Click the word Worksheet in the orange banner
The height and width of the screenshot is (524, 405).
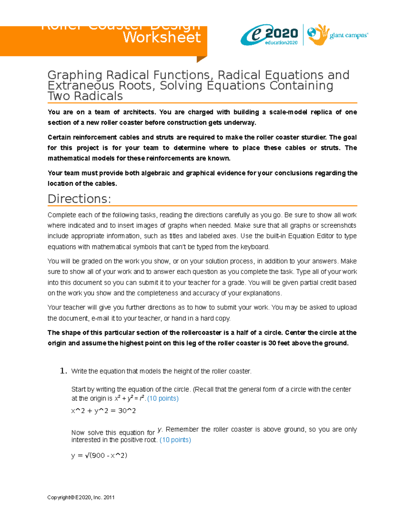coord(162,37)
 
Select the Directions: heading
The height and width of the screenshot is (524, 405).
coord(79,199)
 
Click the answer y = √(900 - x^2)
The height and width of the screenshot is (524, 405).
coord(99,455)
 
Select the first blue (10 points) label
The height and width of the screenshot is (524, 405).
coord(163,398)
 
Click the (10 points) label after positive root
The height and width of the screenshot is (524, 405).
coord(175,440)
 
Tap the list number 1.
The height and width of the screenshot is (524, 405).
coord(63,371)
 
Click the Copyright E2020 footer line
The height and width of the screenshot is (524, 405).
coord(81,497)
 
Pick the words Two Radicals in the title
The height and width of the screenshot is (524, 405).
coord(85,96)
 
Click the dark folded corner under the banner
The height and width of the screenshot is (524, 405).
coord(201,59)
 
